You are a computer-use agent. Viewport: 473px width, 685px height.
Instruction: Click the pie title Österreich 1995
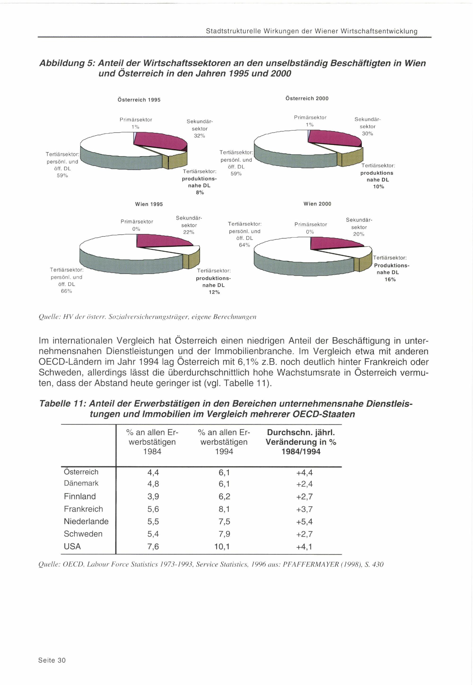click(x=139, y=100)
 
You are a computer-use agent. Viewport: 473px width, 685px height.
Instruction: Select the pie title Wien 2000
click(x=317, y=204)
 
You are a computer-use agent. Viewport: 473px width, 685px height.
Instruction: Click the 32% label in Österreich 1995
click(x=199, y=136)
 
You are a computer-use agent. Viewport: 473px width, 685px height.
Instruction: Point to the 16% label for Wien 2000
click(x=390, y=280)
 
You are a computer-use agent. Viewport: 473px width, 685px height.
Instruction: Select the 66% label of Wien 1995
click(x=66, y=291)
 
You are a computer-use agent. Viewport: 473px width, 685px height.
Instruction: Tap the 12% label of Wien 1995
click(x=214, y=292)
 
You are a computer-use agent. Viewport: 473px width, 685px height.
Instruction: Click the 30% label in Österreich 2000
click(x=368, y=134)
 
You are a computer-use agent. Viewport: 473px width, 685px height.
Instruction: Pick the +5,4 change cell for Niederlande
click(x=304, y=522)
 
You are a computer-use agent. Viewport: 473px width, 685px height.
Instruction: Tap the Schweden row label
click(x=83, y=534)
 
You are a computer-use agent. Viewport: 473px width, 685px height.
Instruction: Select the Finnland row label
click(x=80, y=496)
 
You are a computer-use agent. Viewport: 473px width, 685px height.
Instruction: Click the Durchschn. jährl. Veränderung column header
click(x=301, y=442)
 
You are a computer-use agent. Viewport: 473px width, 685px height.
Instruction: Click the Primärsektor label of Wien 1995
click(x=137, y=222)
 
